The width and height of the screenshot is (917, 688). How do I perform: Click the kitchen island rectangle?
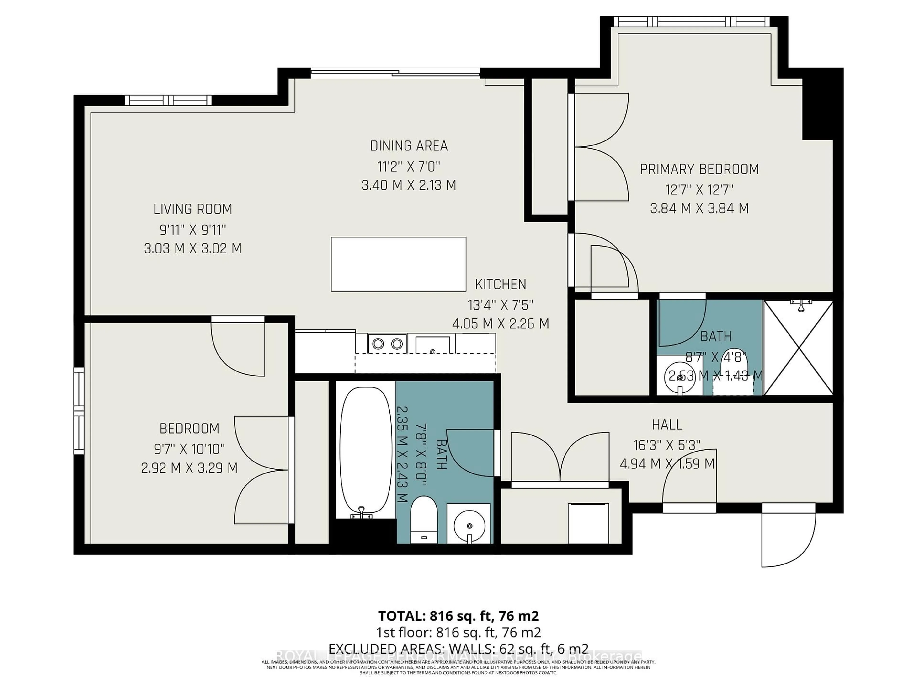398,264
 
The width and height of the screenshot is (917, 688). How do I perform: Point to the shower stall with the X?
798,348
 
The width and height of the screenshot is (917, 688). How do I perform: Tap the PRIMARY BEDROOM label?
699,169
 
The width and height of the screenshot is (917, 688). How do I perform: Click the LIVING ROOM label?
193,209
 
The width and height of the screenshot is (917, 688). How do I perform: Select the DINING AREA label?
409,146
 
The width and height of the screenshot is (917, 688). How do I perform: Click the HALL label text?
667,425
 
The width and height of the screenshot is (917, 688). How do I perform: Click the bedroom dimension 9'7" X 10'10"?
189,448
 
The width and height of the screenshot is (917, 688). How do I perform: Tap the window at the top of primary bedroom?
691,21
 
